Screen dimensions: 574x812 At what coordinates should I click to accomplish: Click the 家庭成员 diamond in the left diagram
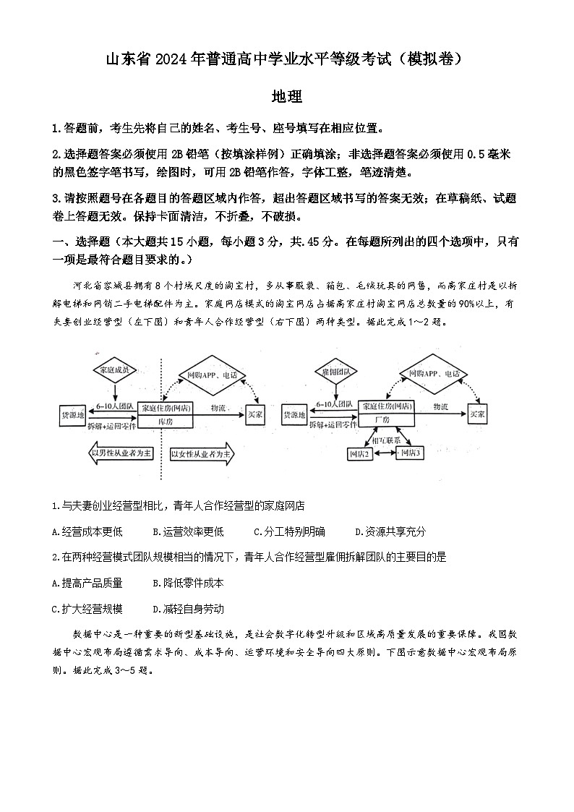click(115, 371)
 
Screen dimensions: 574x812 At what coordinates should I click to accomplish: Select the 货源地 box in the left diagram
click(73, 414)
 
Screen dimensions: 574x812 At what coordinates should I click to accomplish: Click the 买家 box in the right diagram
click(476, 414)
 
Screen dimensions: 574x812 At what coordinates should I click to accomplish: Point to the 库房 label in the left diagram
click(166, 420)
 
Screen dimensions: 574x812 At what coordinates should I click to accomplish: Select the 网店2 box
click(359, 453)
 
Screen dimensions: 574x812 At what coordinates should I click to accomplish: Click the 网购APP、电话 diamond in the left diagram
click(212, 375)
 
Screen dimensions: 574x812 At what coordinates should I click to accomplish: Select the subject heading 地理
click(286, 96)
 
